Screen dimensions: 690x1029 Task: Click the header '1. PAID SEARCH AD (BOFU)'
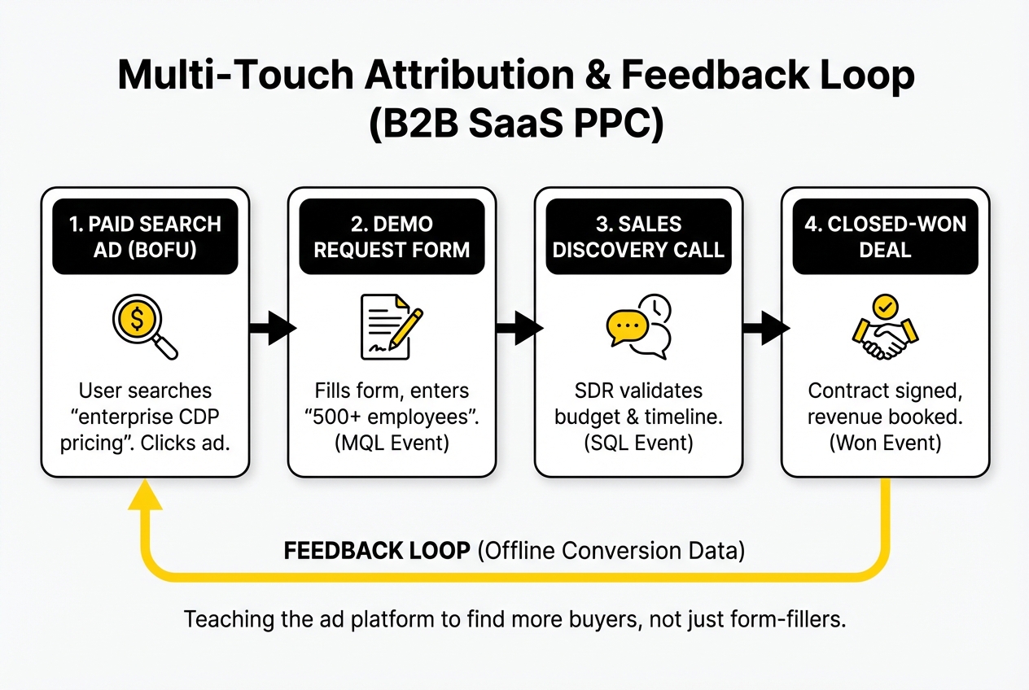click(x=145, y=236)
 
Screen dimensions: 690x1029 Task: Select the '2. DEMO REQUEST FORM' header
click(x=392, y=236)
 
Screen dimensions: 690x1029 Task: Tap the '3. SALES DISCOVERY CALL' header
click(x=638, y=236)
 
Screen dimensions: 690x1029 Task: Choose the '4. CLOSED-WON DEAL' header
click(x=885, y=236)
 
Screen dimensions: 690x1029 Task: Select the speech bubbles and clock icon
click(x=638, y=327)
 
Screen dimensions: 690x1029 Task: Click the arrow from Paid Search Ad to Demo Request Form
click(x=271, y=329)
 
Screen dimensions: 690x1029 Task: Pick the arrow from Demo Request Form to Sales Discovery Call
click(x=519, y=329)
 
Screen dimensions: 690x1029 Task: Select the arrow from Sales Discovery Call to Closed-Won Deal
click(x=765, y=329)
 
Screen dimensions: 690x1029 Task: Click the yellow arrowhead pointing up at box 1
click(x=145, y=493)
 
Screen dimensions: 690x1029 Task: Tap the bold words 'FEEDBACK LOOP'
click(x=376, y=551)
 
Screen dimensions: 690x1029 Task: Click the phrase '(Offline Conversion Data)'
click(x=611, y=551)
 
